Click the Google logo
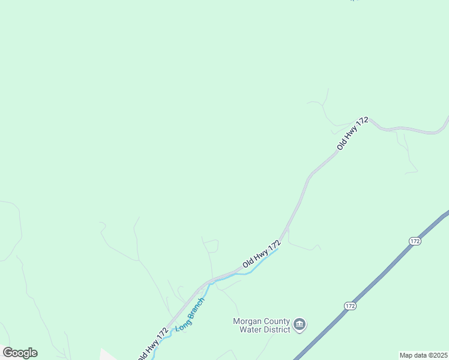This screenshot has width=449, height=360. (20, 353)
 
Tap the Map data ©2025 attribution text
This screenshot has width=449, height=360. (423, 355)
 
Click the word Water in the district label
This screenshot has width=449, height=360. (251, 329)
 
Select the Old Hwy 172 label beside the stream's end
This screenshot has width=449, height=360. (262, 254)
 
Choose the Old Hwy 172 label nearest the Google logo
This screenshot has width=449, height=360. (152, 343)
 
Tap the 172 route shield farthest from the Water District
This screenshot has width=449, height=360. (415, 241)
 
